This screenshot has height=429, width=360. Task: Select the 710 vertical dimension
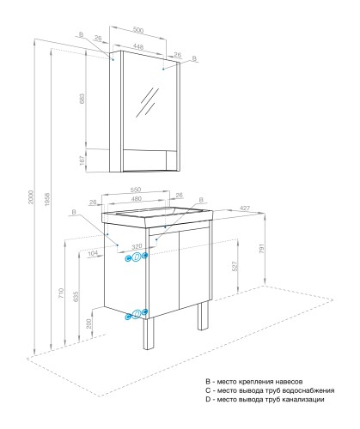pyautogui.click(x=61, y=293)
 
